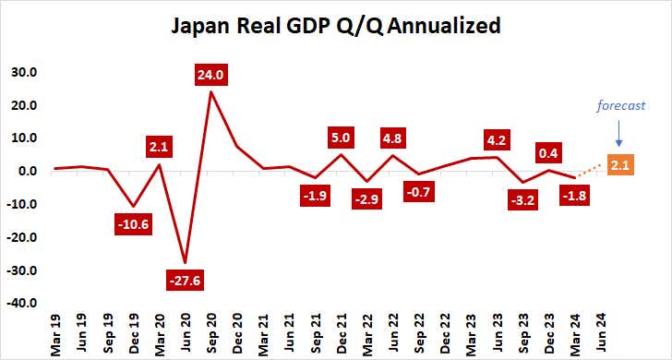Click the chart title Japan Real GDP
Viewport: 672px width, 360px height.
click(336, 25)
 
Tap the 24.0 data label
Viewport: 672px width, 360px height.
click(211, 76)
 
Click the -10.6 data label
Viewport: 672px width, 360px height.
click(135, 222)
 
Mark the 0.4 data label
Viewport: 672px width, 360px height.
click(550, 152)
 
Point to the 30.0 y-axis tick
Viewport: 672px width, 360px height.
click(23, 72)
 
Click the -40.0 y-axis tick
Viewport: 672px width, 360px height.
click(22, 303)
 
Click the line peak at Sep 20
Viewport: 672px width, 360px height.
click(211, 91)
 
